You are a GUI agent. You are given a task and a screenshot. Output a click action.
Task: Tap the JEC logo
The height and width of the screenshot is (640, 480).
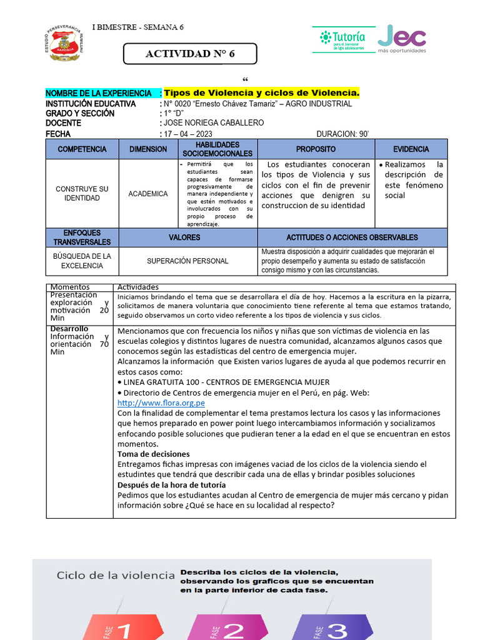point(402,39)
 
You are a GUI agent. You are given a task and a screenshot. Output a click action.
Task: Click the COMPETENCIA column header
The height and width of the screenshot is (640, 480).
point(82,149)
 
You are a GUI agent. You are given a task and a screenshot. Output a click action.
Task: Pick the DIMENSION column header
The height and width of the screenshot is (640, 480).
point(148,149)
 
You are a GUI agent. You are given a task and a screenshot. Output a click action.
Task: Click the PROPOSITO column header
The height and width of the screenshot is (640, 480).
point(316,149)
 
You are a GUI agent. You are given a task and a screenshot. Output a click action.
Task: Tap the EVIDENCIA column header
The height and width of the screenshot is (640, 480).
point(411,149)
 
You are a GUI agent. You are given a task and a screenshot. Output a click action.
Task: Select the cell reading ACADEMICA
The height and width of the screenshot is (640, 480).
point(148,194)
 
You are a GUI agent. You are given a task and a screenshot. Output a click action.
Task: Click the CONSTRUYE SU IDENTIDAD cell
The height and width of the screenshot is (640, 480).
point(82,194)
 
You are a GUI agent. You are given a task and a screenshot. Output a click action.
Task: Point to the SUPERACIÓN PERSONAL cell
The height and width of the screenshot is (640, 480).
point(187,261)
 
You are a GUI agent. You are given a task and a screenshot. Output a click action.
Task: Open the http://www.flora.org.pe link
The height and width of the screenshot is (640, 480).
point(161,403)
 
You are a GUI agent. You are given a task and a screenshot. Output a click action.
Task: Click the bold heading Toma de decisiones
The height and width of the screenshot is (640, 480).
point(154,454)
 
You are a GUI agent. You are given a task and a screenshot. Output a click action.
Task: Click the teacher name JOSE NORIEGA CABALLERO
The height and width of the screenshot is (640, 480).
point(213,123)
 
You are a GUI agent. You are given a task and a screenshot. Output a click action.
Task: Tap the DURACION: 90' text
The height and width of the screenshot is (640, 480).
point(342,134)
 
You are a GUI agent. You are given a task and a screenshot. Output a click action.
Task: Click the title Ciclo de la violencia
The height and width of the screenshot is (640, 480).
point(115,575)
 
